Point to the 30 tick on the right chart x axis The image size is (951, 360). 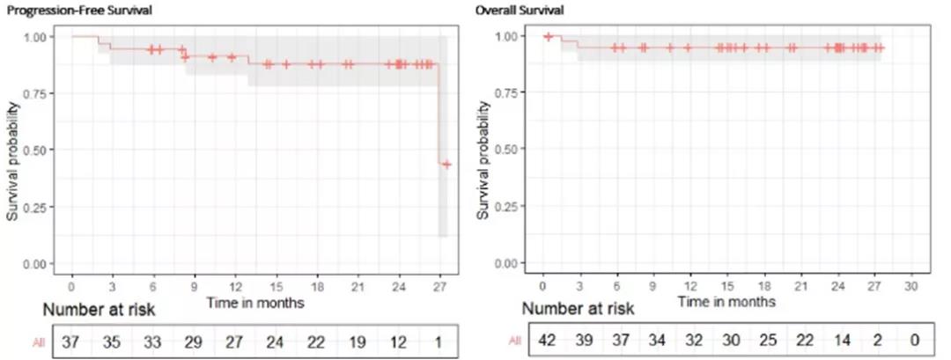(911, 287)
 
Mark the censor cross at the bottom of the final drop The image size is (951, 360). (446, 165)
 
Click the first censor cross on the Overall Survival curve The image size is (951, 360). (548, 36)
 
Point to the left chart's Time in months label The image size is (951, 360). (255, 303)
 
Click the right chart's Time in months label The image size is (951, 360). (727, 302)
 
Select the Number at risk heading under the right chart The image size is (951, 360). (578, 309)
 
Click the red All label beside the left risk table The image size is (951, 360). (40, 342)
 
